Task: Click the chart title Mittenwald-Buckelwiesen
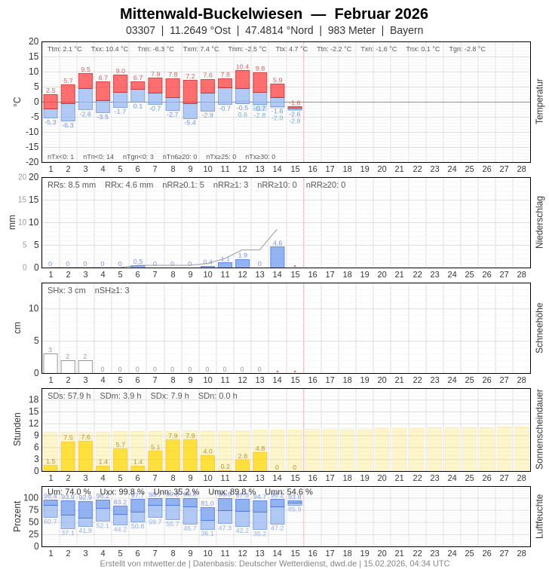click(x=211, y=14)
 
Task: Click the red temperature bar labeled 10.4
click(x=242, y=79)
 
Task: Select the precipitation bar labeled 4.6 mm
click(x=278, y=257)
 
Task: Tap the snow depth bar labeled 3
click(x=51, y=363)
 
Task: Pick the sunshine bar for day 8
click(x=173, y=455)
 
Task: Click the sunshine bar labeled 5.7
click(x=121, y=460)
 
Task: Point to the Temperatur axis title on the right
click(x=539, y=102)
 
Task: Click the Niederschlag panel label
click(x=539, y=222)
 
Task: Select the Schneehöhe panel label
click(x=539, y=328)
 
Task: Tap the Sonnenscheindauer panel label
click(x=539, y=430)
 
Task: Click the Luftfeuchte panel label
click(x=539, y=516)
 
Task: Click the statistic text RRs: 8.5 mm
click(x=72, y=185)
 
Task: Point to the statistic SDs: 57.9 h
click(x=69, y=396)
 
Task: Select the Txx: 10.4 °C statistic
click(x=109, y=49)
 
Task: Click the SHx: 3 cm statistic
click(x=67, y=290)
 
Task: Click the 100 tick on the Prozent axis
click(x=31, y=497)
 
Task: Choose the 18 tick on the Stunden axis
click(x=34, y=399)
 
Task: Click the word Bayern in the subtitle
click(x=406, y=30)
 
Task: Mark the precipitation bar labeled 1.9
click(x=242, y=263)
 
